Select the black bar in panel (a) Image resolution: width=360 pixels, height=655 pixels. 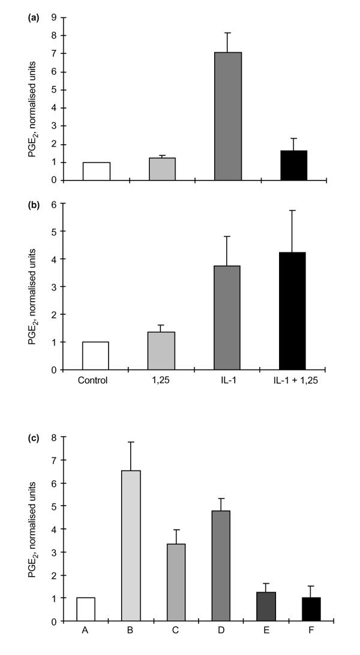[x=293, y=165]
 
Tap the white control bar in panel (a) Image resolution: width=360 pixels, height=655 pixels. [x=96, y=171]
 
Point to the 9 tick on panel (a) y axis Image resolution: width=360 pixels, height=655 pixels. [x=54, y=18]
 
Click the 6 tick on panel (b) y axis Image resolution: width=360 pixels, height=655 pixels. [x=54, y=204]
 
